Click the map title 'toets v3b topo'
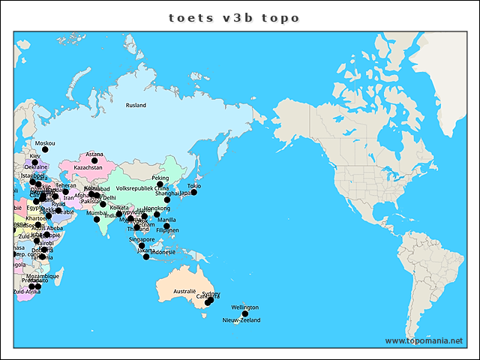[x=233, y=17]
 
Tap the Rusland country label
[x=136, y=106]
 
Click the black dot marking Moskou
[x=45, y=149]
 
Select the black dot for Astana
[x=94, y=160]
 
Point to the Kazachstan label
[x=88, y=168]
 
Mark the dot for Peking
[x=160, y=184]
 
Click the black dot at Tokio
[x=193, y=192]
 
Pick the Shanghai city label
[x=166, y=193]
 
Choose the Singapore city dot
[x=142, y=245]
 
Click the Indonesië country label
[x=163, y=253]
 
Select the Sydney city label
[x=211, y=294]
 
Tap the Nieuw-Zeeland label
[x=241, y=320]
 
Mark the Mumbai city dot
[x=97, y=219]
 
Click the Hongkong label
[x=157, y=208]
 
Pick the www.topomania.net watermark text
[x=424, y=341]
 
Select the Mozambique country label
[x=42, y=276]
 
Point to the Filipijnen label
[x=168, y=230]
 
